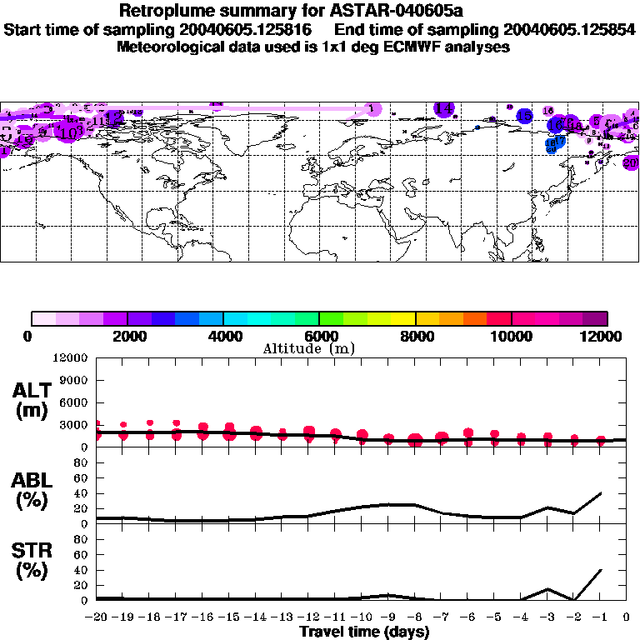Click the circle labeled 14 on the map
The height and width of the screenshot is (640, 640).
(444, 108)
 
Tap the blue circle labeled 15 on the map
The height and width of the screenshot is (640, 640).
(524, 116)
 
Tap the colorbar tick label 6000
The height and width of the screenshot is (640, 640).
(319, 336)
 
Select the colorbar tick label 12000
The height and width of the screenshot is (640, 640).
(607, 336)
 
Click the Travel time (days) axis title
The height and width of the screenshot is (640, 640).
(364, 632)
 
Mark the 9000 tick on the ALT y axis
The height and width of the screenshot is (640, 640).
(73, 380)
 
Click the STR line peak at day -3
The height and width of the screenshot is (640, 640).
(547, 588)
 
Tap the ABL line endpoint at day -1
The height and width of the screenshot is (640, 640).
(600, 492)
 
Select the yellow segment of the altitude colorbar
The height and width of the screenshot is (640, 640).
(403, 318)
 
